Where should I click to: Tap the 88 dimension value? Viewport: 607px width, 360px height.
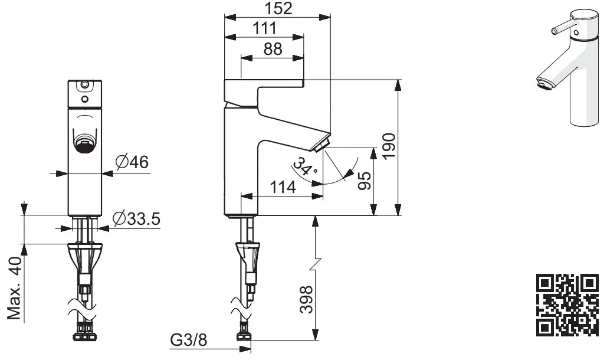pyautogui.click(x=272, y=49)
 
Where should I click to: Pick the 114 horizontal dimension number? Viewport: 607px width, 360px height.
pyautogui.click(x=283, y=188)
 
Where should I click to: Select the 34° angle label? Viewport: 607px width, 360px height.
pyautogui.click(x=306, y=168)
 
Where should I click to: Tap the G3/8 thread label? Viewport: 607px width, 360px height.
pyautogui.click(x=188, y=341)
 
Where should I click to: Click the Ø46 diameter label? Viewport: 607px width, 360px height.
pyautogui.click(x=132, y=161)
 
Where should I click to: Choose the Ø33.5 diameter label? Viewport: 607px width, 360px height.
pyautogui.click(x=136, y=218)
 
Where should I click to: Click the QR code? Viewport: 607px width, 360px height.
pyautogui.click(x=567, y=305)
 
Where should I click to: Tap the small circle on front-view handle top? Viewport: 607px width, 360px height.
pyautogui.click(x=85, y=86)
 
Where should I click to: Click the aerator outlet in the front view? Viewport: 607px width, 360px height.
pyautogui.click(x=85, y=143)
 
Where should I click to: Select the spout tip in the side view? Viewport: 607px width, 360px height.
pyautogui.click(x=323, y=145)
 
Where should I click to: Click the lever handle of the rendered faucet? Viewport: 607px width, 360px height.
pyautogui.click(x=560, y=27)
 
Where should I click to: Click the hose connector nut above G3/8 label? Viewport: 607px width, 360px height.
pyautogui.click(x=243, y=338)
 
